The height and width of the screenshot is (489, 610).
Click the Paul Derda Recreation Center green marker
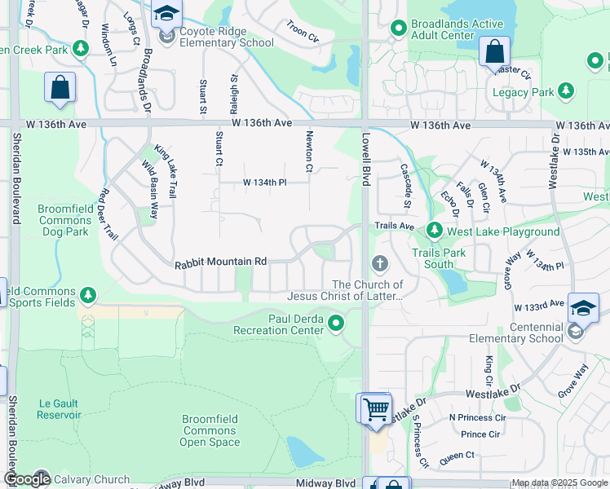(x=336, y=325)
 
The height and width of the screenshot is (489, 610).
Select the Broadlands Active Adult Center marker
(x=398, y=29)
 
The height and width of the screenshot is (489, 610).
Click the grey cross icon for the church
(x=378, y=263)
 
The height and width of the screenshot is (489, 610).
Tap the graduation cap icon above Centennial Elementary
(x=583, y=307)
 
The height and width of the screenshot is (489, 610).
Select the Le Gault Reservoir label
(x=59, y=408)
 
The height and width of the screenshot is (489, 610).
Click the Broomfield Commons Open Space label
(x=210, y=430)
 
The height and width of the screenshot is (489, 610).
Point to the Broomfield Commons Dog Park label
(x=63, y=220)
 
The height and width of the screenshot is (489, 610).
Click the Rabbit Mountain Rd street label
(x=221, y=262)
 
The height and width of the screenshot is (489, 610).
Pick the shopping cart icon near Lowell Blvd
(x=375, y=407)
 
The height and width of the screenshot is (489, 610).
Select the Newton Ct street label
(x=309, y=152)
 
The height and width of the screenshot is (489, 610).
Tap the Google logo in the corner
(x=27, y=479)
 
